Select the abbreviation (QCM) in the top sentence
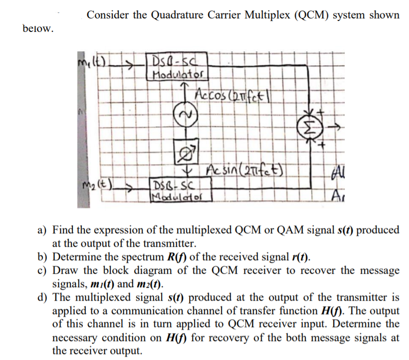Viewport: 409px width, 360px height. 309,15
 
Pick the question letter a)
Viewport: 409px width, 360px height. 44,230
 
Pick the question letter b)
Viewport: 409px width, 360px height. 44,257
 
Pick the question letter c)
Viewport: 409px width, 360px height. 44,271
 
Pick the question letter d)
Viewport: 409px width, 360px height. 44,298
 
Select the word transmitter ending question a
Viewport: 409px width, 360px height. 170,244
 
